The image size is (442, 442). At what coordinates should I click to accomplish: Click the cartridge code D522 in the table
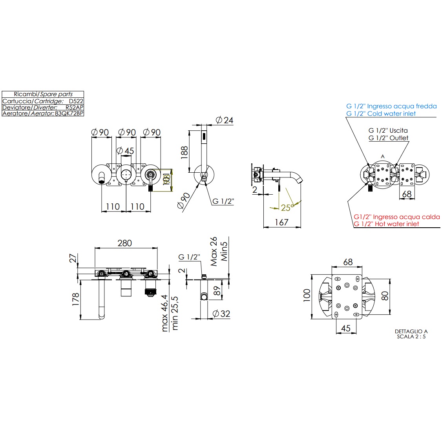tap(76, 101)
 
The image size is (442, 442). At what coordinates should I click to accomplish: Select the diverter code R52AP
tap(74, 107)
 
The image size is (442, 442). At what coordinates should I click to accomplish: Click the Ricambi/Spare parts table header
tap(43, 94)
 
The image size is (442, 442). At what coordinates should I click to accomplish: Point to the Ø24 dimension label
tap(225, 120)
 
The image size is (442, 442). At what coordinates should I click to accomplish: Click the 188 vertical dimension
tap(184, 152)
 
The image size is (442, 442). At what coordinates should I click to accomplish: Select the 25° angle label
tap(287, 207)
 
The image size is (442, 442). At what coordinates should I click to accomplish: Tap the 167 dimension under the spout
tap(281, 222)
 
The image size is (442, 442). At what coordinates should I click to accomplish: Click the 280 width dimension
tap(124, 243)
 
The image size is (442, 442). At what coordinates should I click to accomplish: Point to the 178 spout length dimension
tap(76, 299)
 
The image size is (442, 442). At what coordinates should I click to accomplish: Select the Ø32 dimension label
tap(221, 314)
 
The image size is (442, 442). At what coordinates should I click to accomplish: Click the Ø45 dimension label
tap(126, 151)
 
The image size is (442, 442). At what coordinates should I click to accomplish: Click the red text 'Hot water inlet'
tap(386, 224)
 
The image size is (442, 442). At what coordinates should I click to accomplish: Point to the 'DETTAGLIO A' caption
tap(411, 331)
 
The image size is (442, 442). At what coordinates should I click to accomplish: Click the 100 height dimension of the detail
tap(307, 294)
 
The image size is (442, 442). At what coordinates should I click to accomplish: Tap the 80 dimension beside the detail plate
tap(385, 296)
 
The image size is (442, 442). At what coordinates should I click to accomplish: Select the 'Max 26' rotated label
tap(214, 251)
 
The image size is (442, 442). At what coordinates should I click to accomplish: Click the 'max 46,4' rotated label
tap(164, 313)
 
